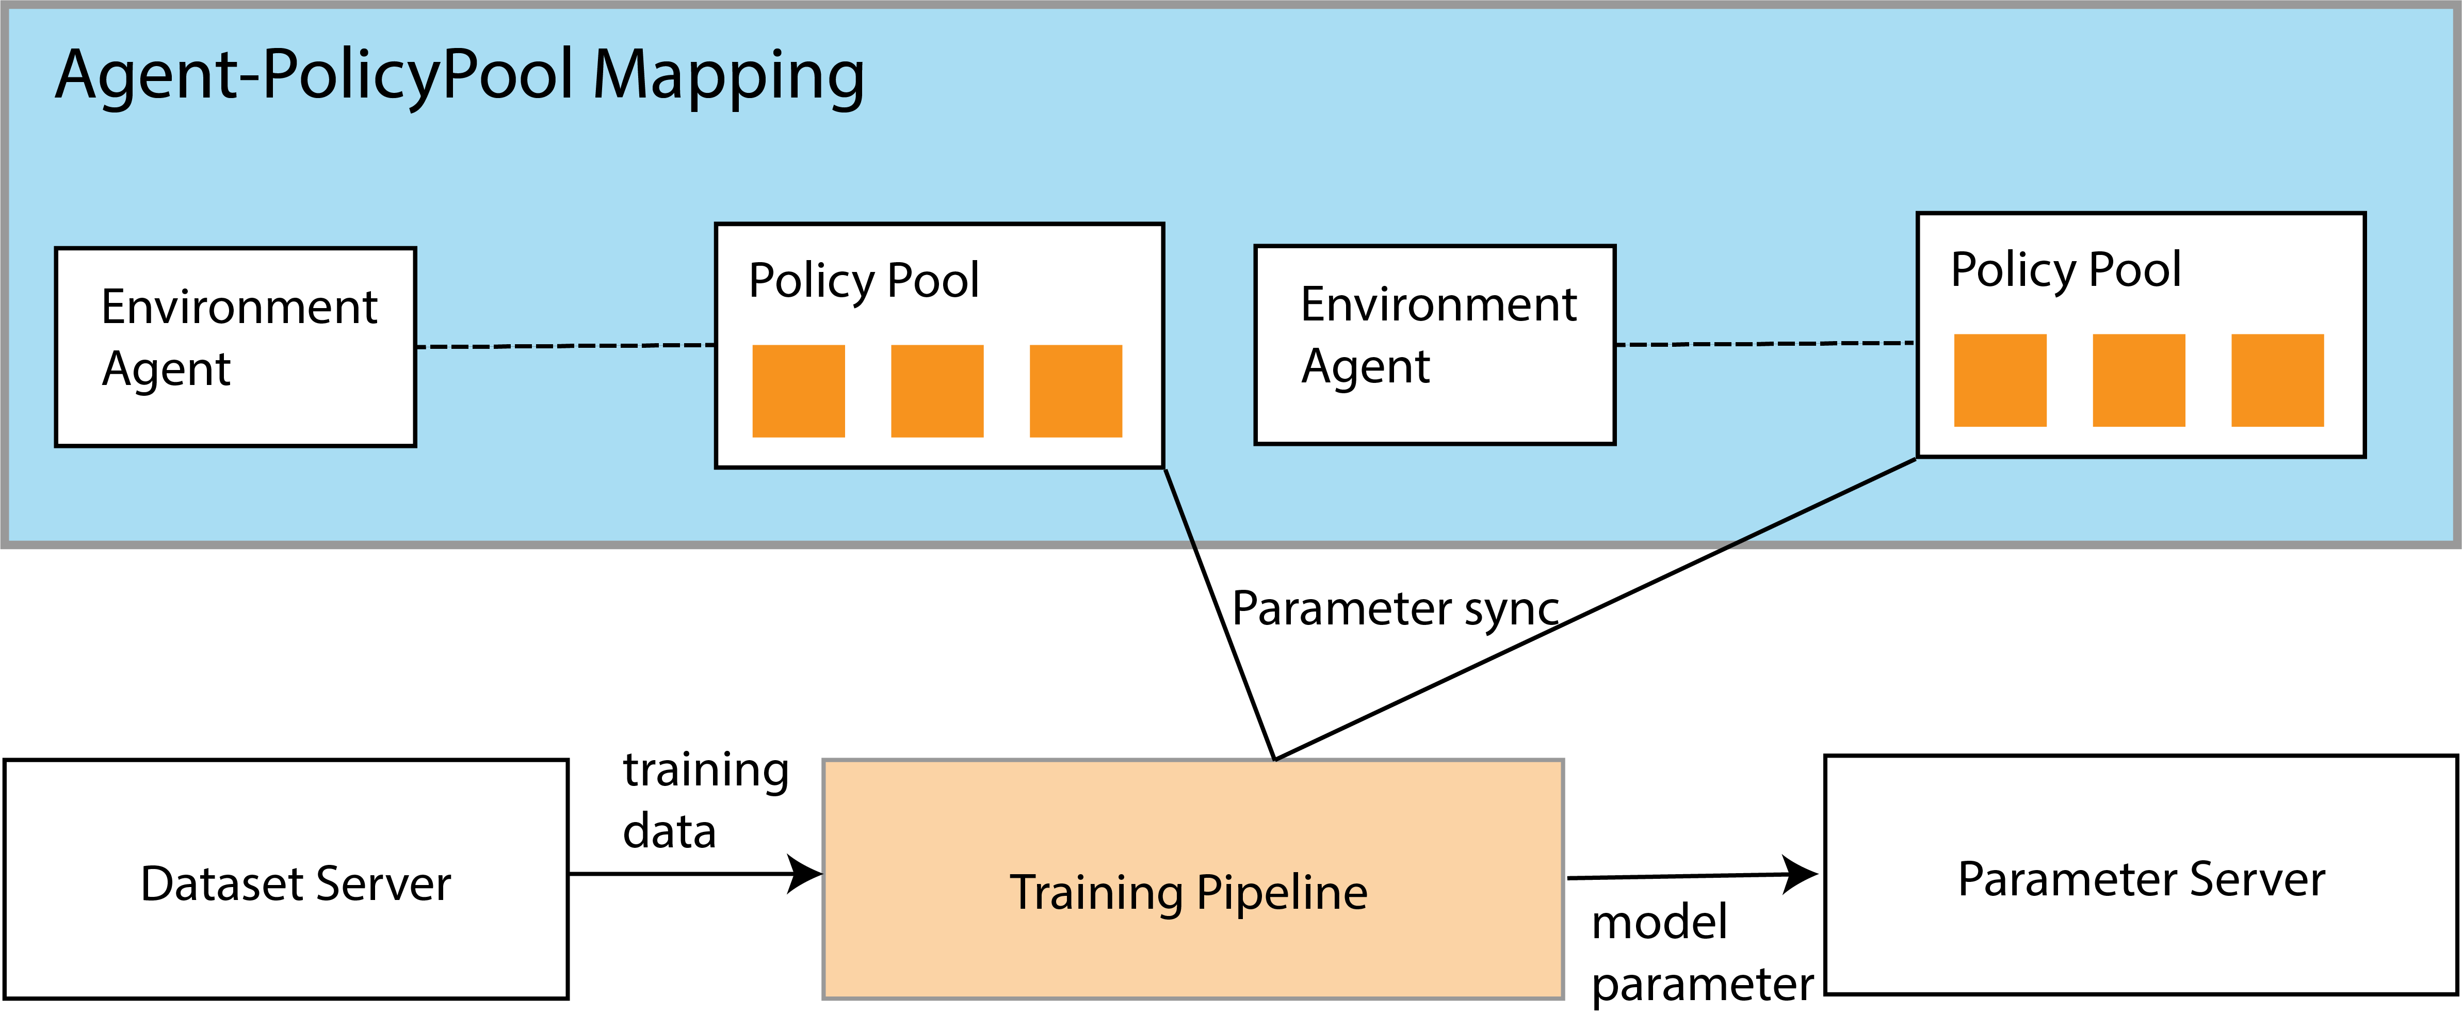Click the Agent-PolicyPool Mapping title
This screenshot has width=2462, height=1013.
pyautogui.click(x=460, y=76)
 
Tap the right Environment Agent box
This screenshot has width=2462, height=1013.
pyautogui.click(x=1435, y=345)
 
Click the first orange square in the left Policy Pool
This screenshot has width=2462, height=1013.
pyautogui.click(x=799, y=391)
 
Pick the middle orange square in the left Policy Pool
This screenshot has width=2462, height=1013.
pyautogui.click(x=937, y=391)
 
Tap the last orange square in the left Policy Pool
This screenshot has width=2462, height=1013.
pyautogui.click(x=1076, y=391)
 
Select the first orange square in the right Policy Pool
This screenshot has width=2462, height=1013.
pyautogui.click(x=2000, y=380)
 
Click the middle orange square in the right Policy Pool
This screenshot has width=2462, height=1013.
pyautogui.click(x=2139, y=380)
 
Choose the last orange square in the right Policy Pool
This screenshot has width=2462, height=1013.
pyautogui.click(x=2277, y=380)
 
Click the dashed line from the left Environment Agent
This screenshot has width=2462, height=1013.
pyautogui.click(x=566, y=346)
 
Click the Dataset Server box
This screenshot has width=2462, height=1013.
pyautogui.click(x=287, y=879)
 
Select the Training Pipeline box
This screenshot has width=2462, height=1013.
pyautogui.click(x=1193, y=879)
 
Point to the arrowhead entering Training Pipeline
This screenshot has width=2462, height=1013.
pyautogui.click(x=805, y=874)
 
